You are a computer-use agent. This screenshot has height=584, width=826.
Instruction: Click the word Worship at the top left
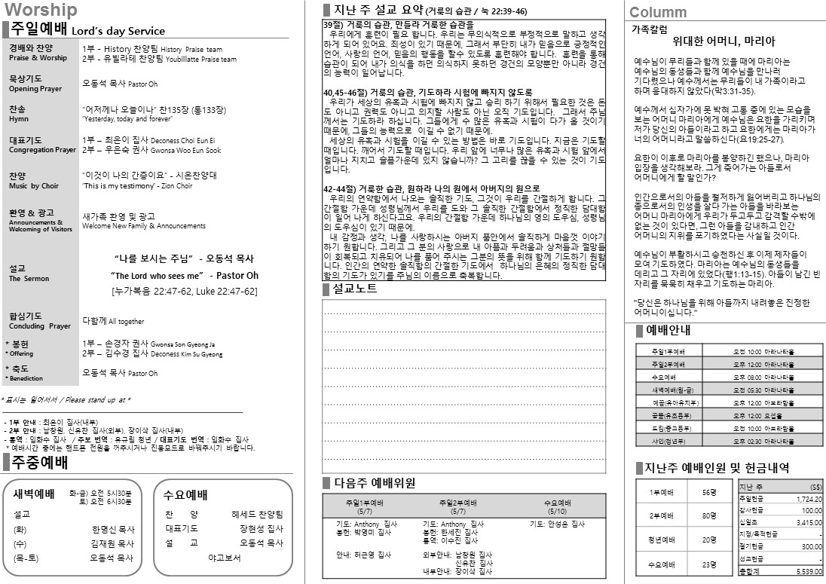[40, 10]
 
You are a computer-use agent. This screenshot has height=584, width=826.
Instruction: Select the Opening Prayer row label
[35, 89]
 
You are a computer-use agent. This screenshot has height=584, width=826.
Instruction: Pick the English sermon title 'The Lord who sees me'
[158, 276]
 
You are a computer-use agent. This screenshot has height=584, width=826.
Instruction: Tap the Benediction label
[26, 378]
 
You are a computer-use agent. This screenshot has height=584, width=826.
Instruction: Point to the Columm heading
[658, 12]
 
